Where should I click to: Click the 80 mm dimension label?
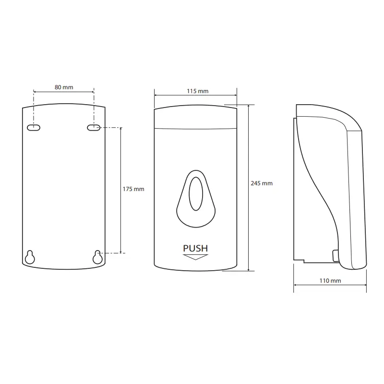pos(64,87)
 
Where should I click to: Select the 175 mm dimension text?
pos(133,189)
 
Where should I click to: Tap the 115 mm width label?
pos(198,91)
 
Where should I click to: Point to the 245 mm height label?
pos(262,183)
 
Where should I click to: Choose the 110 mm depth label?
pos(330,281)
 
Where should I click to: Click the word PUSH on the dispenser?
pos(195,248)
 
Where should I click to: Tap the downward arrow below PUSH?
pos(195,257)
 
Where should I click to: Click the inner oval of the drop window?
pos(196,194)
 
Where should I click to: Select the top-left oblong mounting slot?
pos(34,128)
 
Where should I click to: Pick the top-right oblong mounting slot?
pos(94,128)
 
